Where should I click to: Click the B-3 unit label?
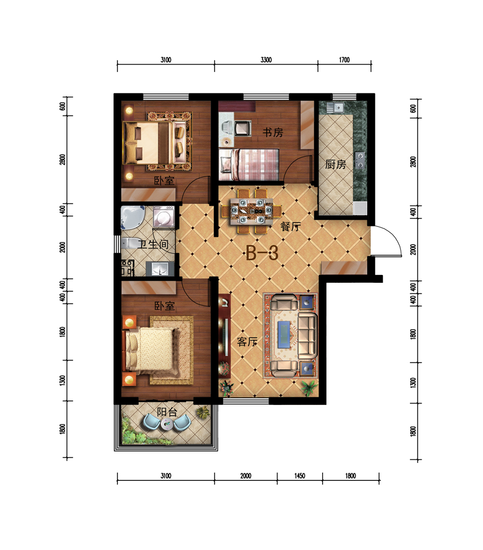coord(262,253)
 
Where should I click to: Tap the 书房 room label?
coord(273,132)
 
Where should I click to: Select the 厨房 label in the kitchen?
coord(335,164)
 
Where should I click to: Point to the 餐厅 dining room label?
coord(291,226)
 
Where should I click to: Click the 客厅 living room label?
coord(247,341)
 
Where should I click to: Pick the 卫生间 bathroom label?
coord(153,244)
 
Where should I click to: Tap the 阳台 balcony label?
coord(167,412)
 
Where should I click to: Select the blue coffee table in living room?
coord(284,334)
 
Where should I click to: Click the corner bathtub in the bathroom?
coord(132,217)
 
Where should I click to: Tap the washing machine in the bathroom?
coord(164,217)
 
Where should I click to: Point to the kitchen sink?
coord(339,107)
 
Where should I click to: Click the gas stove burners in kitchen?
coord(360,160)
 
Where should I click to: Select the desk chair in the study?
coord(242,128)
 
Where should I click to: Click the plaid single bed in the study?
coord(249,164)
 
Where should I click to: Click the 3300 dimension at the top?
coord(266,59)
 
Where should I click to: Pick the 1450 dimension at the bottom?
coord(299,476)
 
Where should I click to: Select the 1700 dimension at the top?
coord(344,59)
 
